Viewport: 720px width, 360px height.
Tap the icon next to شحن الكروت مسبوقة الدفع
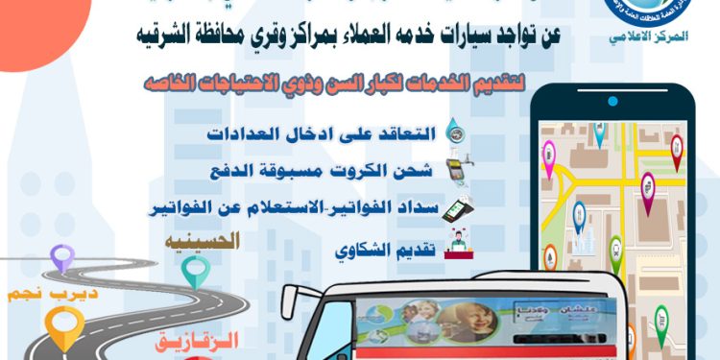coord(454,170)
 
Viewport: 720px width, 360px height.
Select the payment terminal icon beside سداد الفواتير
coord(453,207)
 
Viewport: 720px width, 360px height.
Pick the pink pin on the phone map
coord(549,154)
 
